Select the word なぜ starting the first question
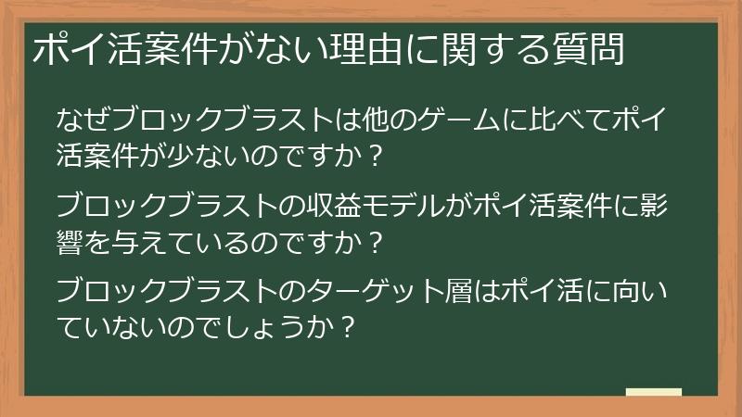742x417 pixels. tap(75, 120)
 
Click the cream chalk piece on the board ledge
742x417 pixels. tap(653, 392)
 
